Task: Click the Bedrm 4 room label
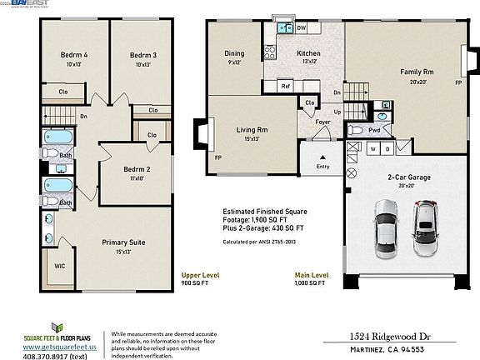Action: [74, 56]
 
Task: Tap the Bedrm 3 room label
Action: [143, 56]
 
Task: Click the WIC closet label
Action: [60, 267]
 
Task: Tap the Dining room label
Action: [234, 54]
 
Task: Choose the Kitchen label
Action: [309, 54]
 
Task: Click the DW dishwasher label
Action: [302, 28]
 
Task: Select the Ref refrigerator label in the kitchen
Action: [285, 86]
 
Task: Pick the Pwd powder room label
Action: [375, 130]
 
